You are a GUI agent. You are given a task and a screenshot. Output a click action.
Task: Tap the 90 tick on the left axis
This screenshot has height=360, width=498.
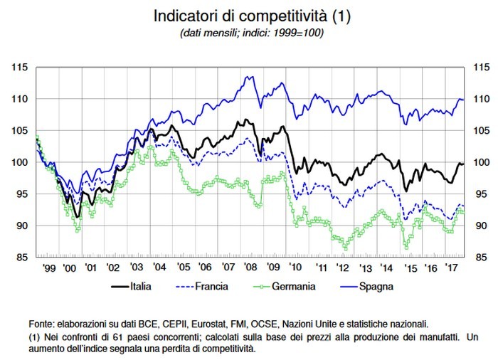21,226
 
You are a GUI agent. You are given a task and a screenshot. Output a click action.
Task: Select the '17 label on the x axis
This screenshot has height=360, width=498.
450,268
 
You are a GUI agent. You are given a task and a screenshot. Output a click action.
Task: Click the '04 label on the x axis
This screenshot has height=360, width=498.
159,268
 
